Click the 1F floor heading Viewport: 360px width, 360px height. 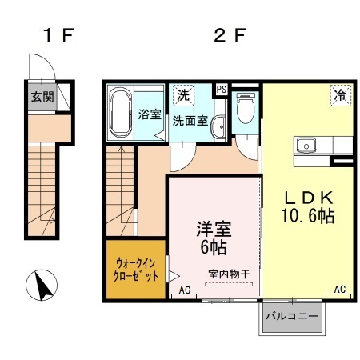click(58, 35)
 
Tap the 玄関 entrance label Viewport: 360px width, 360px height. click(42, 98)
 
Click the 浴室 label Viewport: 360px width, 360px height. click(150, 114)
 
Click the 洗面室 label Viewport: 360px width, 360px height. click(191, 121)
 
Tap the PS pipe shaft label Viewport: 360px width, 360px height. click(221, 89)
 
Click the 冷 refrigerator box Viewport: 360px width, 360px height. click(339, 95)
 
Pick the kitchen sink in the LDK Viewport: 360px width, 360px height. click(306, 146)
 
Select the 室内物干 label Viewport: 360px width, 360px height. click(229, 274)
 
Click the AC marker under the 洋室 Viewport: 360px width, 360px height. click(186, 290)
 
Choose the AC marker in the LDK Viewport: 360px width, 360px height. click(339, 289)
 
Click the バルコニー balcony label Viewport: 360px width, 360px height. click(293, 316)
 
